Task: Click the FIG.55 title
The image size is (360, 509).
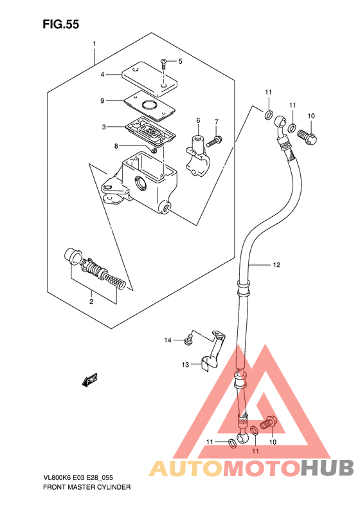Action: (x=61, y=24)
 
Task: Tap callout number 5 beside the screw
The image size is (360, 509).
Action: (x=181, y=61)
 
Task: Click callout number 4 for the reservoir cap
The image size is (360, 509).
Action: (x=102, y=75)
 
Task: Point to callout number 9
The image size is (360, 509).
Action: (x=102, y=101)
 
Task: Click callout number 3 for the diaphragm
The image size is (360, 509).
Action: (x=104, y=127)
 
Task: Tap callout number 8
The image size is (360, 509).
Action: (x=116, y=147)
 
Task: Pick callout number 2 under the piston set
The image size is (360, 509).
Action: (x=91, y=302)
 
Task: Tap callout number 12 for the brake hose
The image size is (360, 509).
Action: (x=276, y=265)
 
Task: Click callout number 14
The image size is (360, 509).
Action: (x=168, y=340)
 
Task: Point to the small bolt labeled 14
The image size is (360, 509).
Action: (x=188, y=340)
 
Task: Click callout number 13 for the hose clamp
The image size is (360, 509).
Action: (x=185, y=365)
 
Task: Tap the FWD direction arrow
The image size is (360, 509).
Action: (x=89, y=380)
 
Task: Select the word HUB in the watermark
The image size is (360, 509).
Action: (x=327, y=468)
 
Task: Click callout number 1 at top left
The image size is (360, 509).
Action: (x=94, y=44)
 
